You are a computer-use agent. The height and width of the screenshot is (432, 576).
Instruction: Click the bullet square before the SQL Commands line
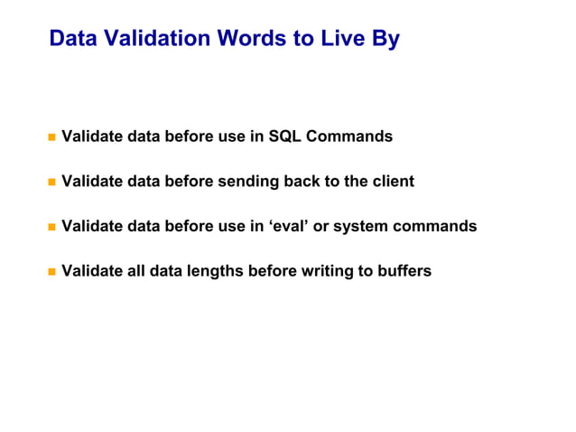tap(51, 137)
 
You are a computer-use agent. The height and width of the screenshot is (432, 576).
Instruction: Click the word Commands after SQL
tap(349, 136)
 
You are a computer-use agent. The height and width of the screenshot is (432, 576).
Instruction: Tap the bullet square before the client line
tap(51, 182)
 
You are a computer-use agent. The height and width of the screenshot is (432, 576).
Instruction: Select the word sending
tap(248, 182)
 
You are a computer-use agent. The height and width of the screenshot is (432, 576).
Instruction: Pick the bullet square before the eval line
tap(51, 227)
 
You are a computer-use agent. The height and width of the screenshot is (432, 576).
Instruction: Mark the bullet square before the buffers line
tap(51, 271)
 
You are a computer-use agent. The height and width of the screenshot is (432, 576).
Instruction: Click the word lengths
tap(213, 271)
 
